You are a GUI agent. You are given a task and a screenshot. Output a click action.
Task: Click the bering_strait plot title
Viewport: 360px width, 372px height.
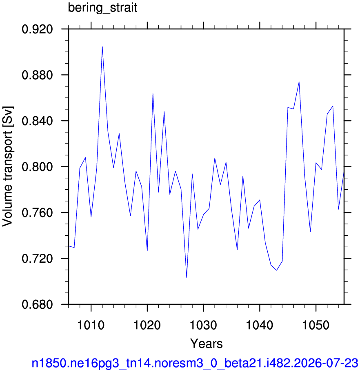click(102, 8)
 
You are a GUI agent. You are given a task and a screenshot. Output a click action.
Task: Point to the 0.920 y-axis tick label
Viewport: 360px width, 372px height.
click(37, 29)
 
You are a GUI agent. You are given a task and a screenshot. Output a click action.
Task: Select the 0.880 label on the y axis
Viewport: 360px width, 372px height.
click(37, 75)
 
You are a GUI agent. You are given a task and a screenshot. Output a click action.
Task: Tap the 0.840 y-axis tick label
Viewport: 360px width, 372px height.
click(37, 121)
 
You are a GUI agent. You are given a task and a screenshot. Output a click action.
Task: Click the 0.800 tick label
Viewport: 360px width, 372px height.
click(37, 167)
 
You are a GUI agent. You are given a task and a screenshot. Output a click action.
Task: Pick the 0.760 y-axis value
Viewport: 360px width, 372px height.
click(37, 213)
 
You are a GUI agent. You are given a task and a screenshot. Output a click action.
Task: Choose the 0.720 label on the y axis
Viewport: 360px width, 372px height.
click(37, 259)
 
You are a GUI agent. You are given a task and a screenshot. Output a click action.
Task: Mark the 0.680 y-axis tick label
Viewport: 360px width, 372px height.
click(37, 304)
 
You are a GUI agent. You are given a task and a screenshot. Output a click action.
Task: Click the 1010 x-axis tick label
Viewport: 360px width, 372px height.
click(91, 325)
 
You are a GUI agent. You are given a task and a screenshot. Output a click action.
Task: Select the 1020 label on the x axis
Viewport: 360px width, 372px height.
click(147, 325)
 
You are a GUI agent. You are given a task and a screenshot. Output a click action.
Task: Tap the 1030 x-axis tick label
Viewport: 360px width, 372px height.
click(204, 325)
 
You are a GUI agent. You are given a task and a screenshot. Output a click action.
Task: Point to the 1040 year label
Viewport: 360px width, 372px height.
click(260, 325)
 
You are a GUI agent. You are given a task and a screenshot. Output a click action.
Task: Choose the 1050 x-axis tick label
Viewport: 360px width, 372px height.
click(316, 325)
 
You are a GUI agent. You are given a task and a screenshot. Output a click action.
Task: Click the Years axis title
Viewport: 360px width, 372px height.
click(207, 343)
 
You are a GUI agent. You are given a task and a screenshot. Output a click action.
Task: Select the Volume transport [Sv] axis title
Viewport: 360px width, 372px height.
click(8, 166)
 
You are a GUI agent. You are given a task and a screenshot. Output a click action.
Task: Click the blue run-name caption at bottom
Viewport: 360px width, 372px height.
click(195, 363)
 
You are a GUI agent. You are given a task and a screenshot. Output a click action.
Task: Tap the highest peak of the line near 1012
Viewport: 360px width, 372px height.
click(102, 47)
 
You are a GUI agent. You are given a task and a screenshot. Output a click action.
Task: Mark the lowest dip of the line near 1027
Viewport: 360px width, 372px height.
click(187, 277)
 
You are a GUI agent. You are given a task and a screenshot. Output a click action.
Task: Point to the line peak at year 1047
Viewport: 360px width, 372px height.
click(299, 82)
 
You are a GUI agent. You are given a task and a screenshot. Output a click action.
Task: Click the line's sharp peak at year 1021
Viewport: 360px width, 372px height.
click(153, 93)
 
